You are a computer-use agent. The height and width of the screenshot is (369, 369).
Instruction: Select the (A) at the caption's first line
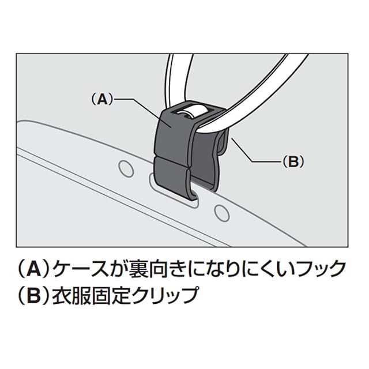coord(32,268)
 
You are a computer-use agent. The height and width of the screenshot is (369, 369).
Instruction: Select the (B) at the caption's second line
coord(32,297)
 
